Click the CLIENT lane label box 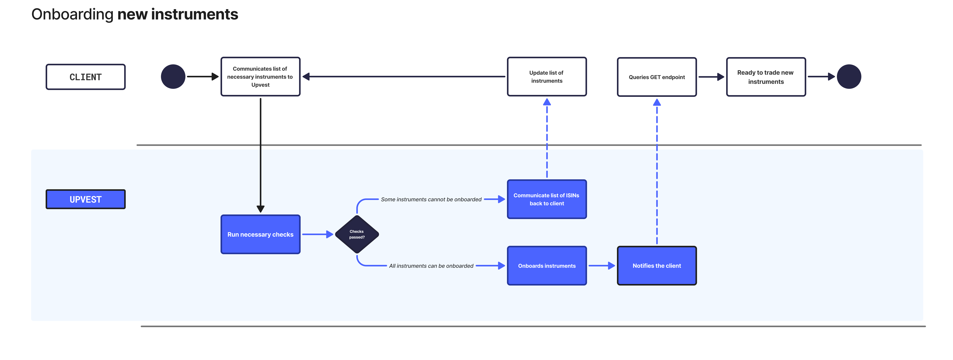pyautogui.click(x=86, y=77)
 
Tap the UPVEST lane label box pyautogui.click(x=86, y=199)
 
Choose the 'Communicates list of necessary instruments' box pyautogui.click(x=260, y=77)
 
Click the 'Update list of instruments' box pyautogui.click(x=547, y=77)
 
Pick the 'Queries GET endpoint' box pyautogui.click(x=657, y=77)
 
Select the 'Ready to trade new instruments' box pyautogui.click(x=766, y=77)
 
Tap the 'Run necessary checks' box pyautogui.click(x=260, y=234)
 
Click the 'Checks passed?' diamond pyautogui.click(x=357, y=234)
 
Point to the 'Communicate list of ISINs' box pyautogui.click(x=547, y=199)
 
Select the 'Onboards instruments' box pyautogui.click(x=547, y=266)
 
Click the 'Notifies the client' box pyautogui.click(x=657, y=266)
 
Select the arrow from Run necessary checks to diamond pyautogui.click(x=317, y=234)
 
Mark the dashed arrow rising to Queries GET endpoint pyautogui.click(x=657, y=171)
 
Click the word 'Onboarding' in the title pyautogui.click(x=72, y=15)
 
